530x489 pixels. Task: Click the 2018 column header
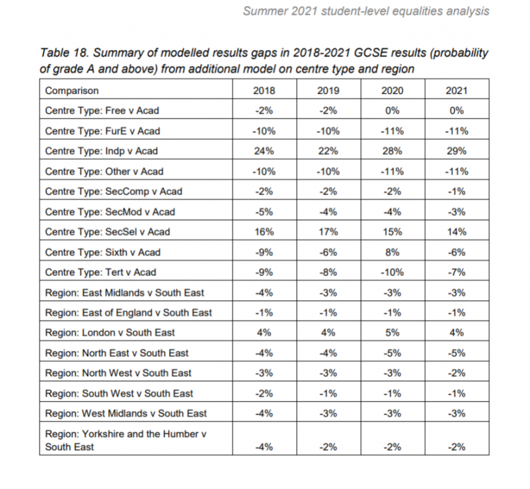[264, 91]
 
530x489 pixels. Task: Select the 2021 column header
[456, 91]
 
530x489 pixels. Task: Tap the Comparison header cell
[72, 91]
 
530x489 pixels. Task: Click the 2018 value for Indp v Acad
[264, 151]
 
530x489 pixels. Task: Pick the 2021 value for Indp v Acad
[456, 151]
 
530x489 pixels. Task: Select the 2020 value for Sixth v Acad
[392, 252]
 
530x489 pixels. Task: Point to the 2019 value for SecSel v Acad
[328, 232]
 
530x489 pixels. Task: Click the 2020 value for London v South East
[392, 333]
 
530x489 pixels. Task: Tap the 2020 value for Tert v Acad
[392, 272]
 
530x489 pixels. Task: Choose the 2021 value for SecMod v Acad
[456, 212]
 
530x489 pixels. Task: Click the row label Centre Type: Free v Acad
[101, 111]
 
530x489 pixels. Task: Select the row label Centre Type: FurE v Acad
[102, 131]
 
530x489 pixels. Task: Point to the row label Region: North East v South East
[117, 353]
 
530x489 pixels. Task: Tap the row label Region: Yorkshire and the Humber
[126, 434]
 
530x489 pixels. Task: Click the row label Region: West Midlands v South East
[126, 414]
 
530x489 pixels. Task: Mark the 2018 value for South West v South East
[264, 394]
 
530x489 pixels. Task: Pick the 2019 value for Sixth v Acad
[328, 252]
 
